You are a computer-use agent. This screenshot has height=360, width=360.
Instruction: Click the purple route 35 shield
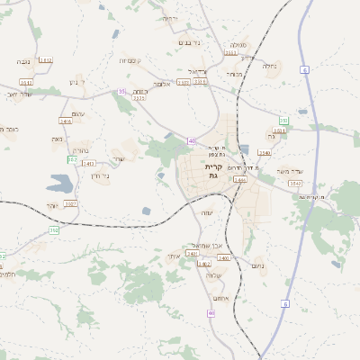click(x=121, y=91)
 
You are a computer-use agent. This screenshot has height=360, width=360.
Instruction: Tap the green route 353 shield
click(x=283, y=120)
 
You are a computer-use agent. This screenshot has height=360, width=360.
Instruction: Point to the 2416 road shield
click(x=66, y=121)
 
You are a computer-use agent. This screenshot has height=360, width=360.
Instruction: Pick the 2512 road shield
click(x=46, y=60)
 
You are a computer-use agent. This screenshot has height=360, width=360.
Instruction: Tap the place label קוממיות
click(x=127, y=60)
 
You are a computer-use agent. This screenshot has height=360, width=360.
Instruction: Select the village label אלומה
click(x=162, y=85)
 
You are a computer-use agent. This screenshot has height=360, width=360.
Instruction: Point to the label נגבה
click(x=24, y=61)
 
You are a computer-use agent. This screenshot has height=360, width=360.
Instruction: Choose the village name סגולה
click(x=238, y=45)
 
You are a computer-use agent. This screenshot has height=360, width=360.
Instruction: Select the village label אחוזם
click(x=221, y=298)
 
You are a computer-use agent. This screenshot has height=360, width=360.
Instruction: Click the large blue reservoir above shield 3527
click(x=60, y=186)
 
